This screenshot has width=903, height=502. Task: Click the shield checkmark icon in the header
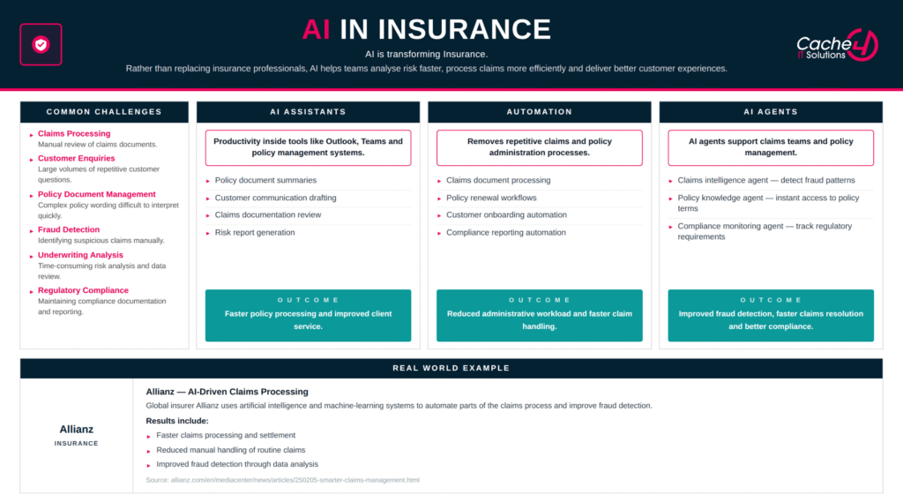(x=41, y=44)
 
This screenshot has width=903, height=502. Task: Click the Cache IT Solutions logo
(x=837, y=45)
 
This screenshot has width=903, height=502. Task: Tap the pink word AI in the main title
(x=317, y=29)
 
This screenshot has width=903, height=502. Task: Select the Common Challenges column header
(x=104, y=112)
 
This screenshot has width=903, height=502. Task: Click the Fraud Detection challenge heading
(x=69, y=229)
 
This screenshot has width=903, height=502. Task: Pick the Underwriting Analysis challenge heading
(x=80, y=255)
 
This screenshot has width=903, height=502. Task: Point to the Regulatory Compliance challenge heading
(x=83, y=290)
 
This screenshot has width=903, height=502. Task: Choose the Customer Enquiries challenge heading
(x=76, y=159)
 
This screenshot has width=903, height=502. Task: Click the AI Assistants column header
(x=308, y=112)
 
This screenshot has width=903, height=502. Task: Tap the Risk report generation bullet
(x=255, y=233)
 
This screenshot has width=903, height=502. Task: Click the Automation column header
(x=540, y=112)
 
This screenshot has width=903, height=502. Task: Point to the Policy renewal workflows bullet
(x=491, y=198)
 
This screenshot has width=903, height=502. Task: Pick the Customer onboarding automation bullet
(x=506, y=215)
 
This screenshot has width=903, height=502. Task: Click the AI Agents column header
(x=771, y=112)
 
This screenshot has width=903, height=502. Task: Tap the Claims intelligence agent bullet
(x=766, y=180)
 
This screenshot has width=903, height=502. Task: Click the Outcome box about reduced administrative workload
(x=540, y=315)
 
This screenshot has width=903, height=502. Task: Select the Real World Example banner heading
(x=451, y=368)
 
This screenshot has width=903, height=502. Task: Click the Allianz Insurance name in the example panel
(x=76, y=435)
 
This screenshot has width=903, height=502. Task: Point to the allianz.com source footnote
(x=282, y=480)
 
